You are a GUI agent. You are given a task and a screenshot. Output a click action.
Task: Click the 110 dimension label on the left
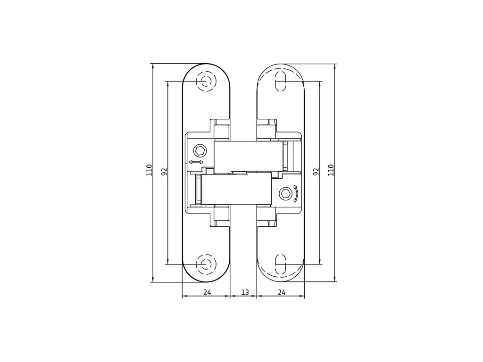coord(149,170)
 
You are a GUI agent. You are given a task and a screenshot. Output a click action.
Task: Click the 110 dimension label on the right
coord(331,170)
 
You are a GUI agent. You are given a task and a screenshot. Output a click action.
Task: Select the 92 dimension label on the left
coord(164,172)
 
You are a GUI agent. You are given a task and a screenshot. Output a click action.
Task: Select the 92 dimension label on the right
coord(316,172)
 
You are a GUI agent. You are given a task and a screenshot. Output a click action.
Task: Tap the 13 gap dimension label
coord(245,292)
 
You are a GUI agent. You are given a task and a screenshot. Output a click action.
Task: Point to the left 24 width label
coord(207,292)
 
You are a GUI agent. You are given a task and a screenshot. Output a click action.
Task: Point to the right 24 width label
coord(281,292)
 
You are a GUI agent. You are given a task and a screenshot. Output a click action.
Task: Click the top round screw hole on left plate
coord(205,81)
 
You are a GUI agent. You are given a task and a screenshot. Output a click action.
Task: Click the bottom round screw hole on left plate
coord(205,264)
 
